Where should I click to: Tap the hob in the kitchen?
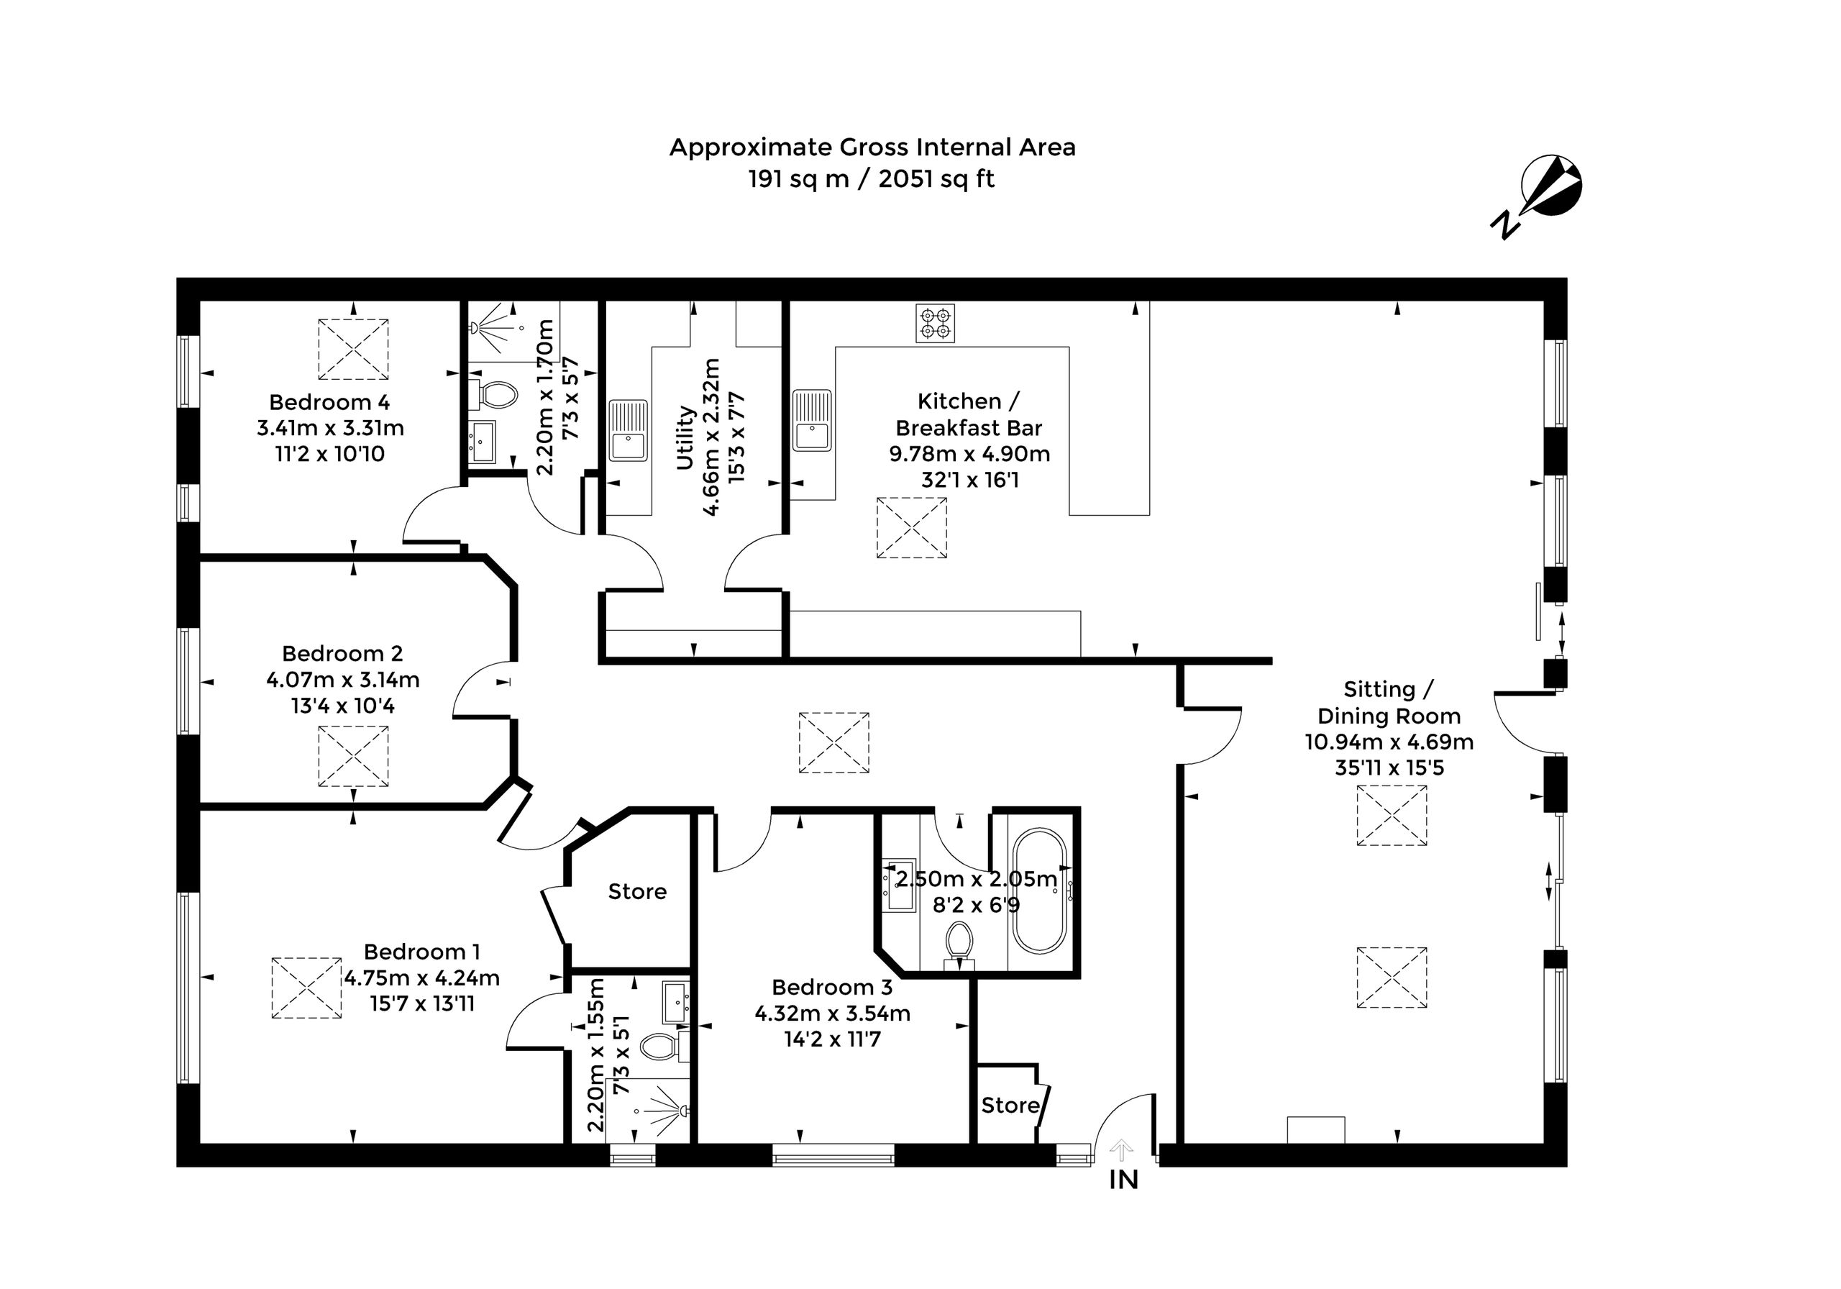(x=935, y=323)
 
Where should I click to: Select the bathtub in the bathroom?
(x=1039, y=891)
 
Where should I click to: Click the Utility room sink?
(x=628, y=430)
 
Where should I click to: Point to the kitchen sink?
(x=812, y=420)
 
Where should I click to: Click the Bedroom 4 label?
(x=329, y=402)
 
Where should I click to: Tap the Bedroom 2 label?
(x=342, y=654)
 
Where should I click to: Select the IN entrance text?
(x=1123, y=1180)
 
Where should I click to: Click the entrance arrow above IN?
(x=1121, y=1150)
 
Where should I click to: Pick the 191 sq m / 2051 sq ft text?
(x=872, y=179)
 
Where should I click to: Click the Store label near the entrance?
(x=1010, y=1106)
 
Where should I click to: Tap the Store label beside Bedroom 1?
(x=637, y=891)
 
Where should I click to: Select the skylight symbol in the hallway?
(x=834, y=743)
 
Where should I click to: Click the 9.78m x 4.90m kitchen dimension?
(x=969, y=454)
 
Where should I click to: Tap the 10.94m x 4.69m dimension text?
(x=1389, y=742)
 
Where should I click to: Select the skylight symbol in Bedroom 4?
(x=354, y=349)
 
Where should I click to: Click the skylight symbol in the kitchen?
(x=912, y=528)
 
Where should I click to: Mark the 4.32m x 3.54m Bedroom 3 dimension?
(x=832, y=1013)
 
